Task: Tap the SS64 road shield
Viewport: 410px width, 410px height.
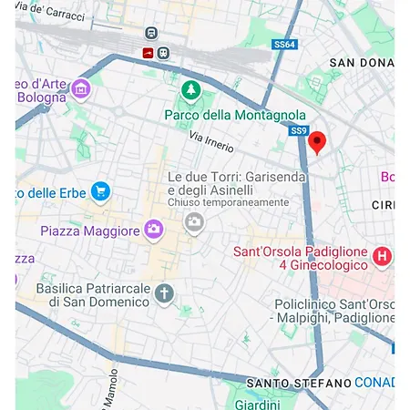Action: (285, 45)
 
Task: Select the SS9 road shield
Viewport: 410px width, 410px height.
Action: (298, 131)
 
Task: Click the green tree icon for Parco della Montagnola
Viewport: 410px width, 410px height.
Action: (190, 90)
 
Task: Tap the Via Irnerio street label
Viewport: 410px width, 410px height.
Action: (211, 142)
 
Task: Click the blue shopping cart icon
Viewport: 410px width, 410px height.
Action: (100, 191)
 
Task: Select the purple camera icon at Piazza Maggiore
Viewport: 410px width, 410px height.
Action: (153, 229)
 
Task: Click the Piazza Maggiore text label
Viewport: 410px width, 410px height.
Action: (90, 231)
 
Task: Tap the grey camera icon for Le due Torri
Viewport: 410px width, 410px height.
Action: (194, 221)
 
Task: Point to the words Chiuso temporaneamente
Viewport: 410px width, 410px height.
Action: (228, 202)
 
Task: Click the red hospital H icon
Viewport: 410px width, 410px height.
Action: (383, 257)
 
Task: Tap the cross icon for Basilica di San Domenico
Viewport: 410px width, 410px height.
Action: (164, 293)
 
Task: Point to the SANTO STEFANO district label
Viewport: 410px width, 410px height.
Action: (298, 381)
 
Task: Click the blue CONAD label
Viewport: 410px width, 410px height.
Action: (374, 381)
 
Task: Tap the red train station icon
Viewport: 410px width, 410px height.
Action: (148, 53)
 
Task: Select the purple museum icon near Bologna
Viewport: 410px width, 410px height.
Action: (81, 88)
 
